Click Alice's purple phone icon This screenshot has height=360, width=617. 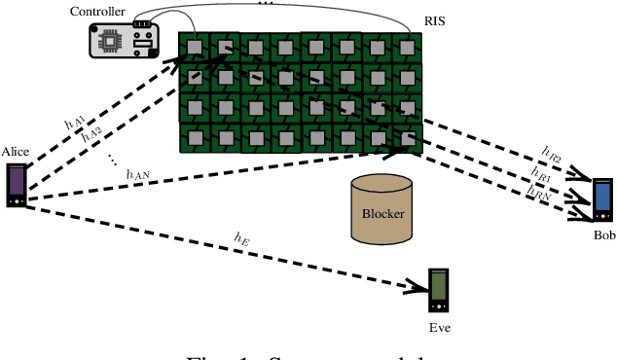click(17, 185)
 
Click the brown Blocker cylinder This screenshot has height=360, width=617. click(381, 207)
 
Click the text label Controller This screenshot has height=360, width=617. click(97, 11)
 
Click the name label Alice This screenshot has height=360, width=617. click(17, 152)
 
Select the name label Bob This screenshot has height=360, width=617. click(604, 235)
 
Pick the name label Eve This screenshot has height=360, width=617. click(440, 328)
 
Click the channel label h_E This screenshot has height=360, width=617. click(243, 236)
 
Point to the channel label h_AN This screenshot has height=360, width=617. click(138, 173)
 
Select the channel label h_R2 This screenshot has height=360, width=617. click(552, 154)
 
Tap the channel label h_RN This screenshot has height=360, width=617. click(537, 195)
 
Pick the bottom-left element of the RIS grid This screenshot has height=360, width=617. click(195, 136)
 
